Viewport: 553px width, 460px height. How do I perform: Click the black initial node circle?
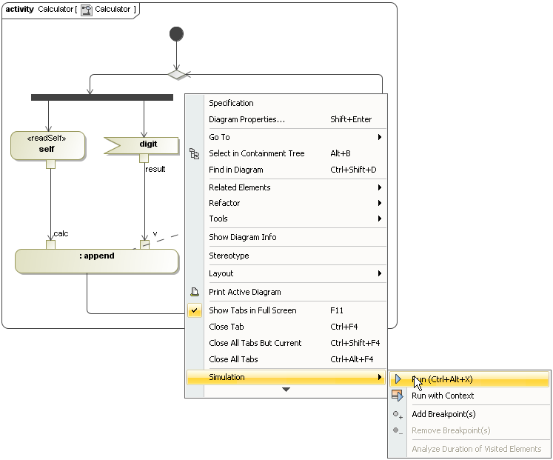click(176, 34)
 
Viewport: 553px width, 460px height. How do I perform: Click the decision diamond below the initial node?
click(176, 74)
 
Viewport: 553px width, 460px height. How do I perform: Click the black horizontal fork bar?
click(102, 97)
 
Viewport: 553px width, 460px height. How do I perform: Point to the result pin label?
click(155, 169)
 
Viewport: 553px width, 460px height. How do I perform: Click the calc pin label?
click(61, 234)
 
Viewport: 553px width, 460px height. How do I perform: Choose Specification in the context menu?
click(231, 103)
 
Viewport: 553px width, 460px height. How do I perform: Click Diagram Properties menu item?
click(247, 119)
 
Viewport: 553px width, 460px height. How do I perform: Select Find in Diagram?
click(235, 170)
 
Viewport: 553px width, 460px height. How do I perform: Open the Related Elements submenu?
click(240, 187)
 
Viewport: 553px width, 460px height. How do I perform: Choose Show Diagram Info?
click(242, 237)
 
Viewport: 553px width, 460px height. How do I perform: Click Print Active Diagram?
click(244, 292)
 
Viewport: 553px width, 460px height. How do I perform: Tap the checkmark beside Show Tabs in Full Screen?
click(195, 311)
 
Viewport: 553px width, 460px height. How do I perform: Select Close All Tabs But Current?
click(255, 343)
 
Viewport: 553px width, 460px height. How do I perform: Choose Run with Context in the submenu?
click(443, 396)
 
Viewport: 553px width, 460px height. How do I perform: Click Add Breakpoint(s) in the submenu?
click(443, 414)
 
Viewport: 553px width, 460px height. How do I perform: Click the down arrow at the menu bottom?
click(286, 390)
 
